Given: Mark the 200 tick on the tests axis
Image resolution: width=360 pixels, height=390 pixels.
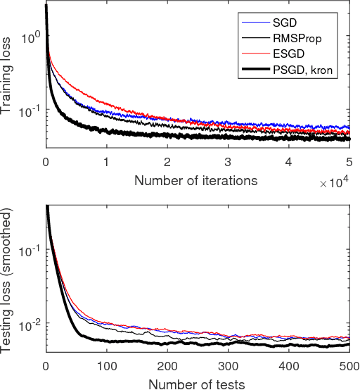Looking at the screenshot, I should tap(167, 367).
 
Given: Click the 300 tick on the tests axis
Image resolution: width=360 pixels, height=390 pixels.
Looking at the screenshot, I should tap(228, 367).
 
